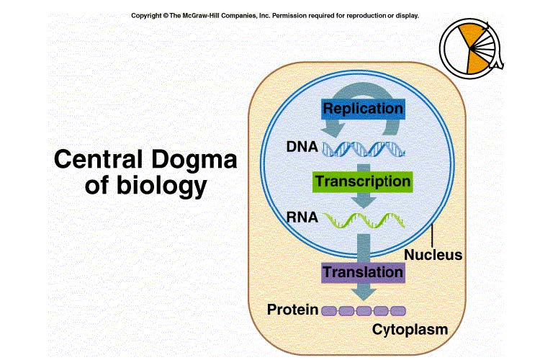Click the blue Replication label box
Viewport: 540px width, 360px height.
point(363,109)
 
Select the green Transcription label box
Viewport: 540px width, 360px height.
point(363,182)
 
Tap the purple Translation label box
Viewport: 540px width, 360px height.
point(363,273)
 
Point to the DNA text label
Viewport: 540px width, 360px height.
point(302,147)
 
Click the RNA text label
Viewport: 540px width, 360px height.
point(302,217)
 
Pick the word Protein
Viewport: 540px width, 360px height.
point(292,310)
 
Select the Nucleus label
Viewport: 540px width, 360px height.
point(433,255)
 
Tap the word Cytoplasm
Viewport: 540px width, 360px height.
point(410,330)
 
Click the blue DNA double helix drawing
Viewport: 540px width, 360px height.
point(364,149)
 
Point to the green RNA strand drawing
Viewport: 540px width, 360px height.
point(364,220)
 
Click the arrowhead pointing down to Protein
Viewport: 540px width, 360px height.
point(364,293)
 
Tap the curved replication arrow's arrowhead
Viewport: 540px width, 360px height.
point(333,130)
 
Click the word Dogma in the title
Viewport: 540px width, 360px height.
point(194,160)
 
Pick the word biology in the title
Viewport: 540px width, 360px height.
point(161,186)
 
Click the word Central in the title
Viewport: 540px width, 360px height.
point(98,159)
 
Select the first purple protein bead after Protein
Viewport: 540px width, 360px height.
point(329,311)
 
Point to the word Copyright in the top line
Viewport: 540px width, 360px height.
point(146,16)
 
